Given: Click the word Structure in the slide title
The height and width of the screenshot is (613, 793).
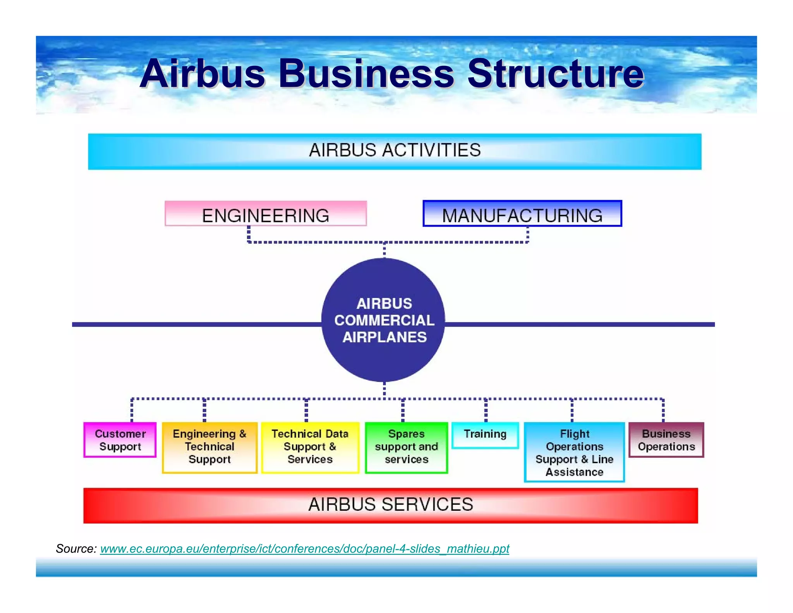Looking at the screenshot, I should (x=556, y=74).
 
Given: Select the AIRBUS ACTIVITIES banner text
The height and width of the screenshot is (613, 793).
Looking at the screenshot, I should (x=395, y=150).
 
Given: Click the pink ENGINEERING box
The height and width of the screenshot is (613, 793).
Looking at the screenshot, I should (x=266, y=214).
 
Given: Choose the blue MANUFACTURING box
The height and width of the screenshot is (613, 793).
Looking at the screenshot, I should (x=522, y=214).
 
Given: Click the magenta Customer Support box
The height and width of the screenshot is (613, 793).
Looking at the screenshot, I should (x=120, y=440).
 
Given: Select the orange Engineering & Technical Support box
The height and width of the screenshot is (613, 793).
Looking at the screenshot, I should (x=209, y=447).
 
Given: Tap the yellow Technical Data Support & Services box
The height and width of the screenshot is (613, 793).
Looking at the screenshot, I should (x=310, y=447).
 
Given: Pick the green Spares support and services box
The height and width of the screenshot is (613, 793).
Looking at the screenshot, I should (x=407, y=447).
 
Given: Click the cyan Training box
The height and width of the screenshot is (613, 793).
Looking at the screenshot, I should (x=485, y=435).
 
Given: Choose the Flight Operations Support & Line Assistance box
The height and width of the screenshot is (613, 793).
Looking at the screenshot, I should (x=575, y=453).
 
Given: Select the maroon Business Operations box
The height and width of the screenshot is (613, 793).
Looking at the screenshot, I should (x=666, y=440).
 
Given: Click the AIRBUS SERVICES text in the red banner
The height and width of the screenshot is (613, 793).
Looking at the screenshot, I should (x=391, y=505).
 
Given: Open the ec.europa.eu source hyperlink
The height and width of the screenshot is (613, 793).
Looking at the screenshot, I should (x=305, y=549).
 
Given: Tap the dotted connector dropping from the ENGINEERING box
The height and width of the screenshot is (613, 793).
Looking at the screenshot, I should (x=249, y=234).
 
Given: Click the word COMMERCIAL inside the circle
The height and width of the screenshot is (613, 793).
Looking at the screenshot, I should (x=384, y=320).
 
